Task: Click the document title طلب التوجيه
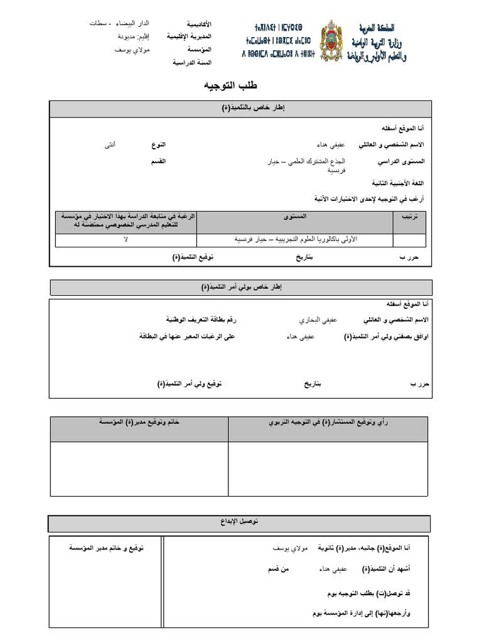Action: click(230, 85)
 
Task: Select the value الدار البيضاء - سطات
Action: click(119, 24)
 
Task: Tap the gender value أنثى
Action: click(110, 145)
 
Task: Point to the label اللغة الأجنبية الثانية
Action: click(398, 183)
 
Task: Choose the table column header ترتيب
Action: click(409, 217)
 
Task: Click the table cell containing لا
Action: click(126, 240)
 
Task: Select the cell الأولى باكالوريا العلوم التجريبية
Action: click(295, 240)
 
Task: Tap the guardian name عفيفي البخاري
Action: click(318, 320)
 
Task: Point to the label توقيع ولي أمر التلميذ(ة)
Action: click(190, 384)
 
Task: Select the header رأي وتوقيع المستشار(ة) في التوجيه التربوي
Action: click(329, 423)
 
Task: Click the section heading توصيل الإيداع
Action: click(240, 522)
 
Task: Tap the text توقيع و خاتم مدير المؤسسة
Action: click(106, 548)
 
